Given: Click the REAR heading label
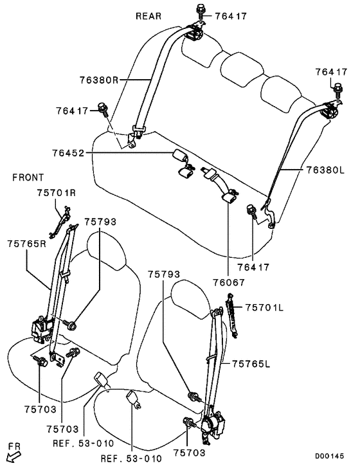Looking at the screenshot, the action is coord(148,16).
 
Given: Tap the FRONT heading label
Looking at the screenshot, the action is coord(28,177).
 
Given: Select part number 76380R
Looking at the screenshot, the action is coord(99,80).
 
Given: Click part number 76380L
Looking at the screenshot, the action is coord(325,170).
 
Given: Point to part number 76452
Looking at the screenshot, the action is coord(68,153).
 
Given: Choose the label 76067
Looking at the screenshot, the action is coord(229,282).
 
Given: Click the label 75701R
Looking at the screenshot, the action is coord(57,193).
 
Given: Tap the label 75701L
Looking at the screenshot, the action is coord(264,307).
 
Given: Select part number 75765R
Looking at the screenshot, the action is coord(27,244).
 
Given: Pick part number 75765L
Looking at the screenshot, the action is coord(251,363).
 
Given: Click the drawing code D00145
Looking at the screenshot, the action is coord(329,456).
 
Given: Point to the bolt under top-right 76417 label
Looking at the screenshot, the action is coord(337,90).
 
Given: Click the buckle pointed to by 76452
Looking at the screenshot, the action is coord(181,156).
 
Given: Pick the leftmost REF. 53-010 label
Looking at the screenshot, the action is coord(84,443).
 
